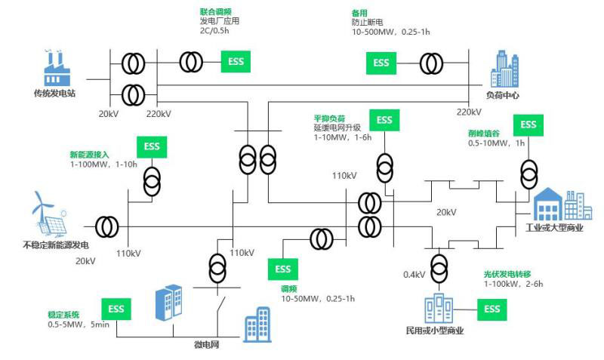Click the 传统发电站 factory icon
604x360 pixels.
[57, 69]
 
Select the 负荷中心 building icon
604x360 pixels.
[503, 69]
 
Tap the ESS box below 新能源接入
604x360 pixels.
[152, 146]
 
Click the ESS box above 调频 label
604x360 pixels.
[282, 269]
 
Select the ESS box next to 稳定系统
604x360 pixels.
[116, 309]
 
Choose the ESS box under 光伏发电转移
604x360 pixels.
[492, 309]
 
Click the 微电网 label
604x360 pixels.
[207, 344]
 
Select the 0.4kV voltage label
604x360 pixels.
[414, 274]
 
